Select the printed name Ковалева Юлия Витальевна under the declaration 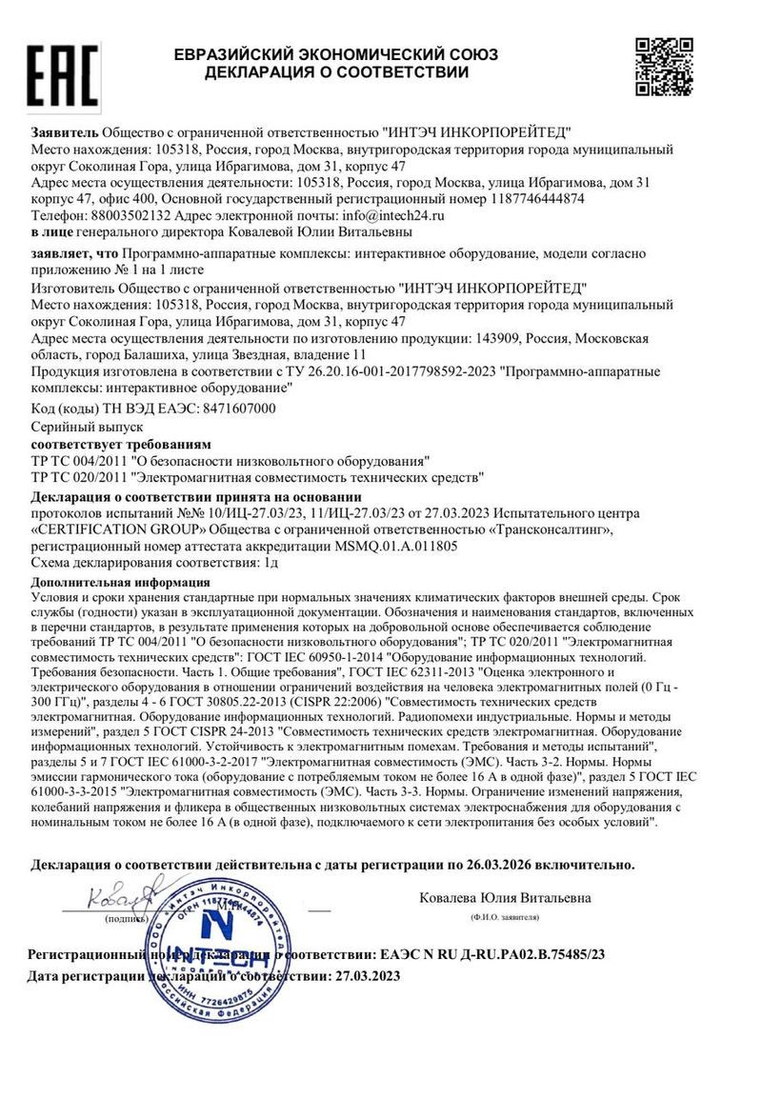click(x=505, y=897)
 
